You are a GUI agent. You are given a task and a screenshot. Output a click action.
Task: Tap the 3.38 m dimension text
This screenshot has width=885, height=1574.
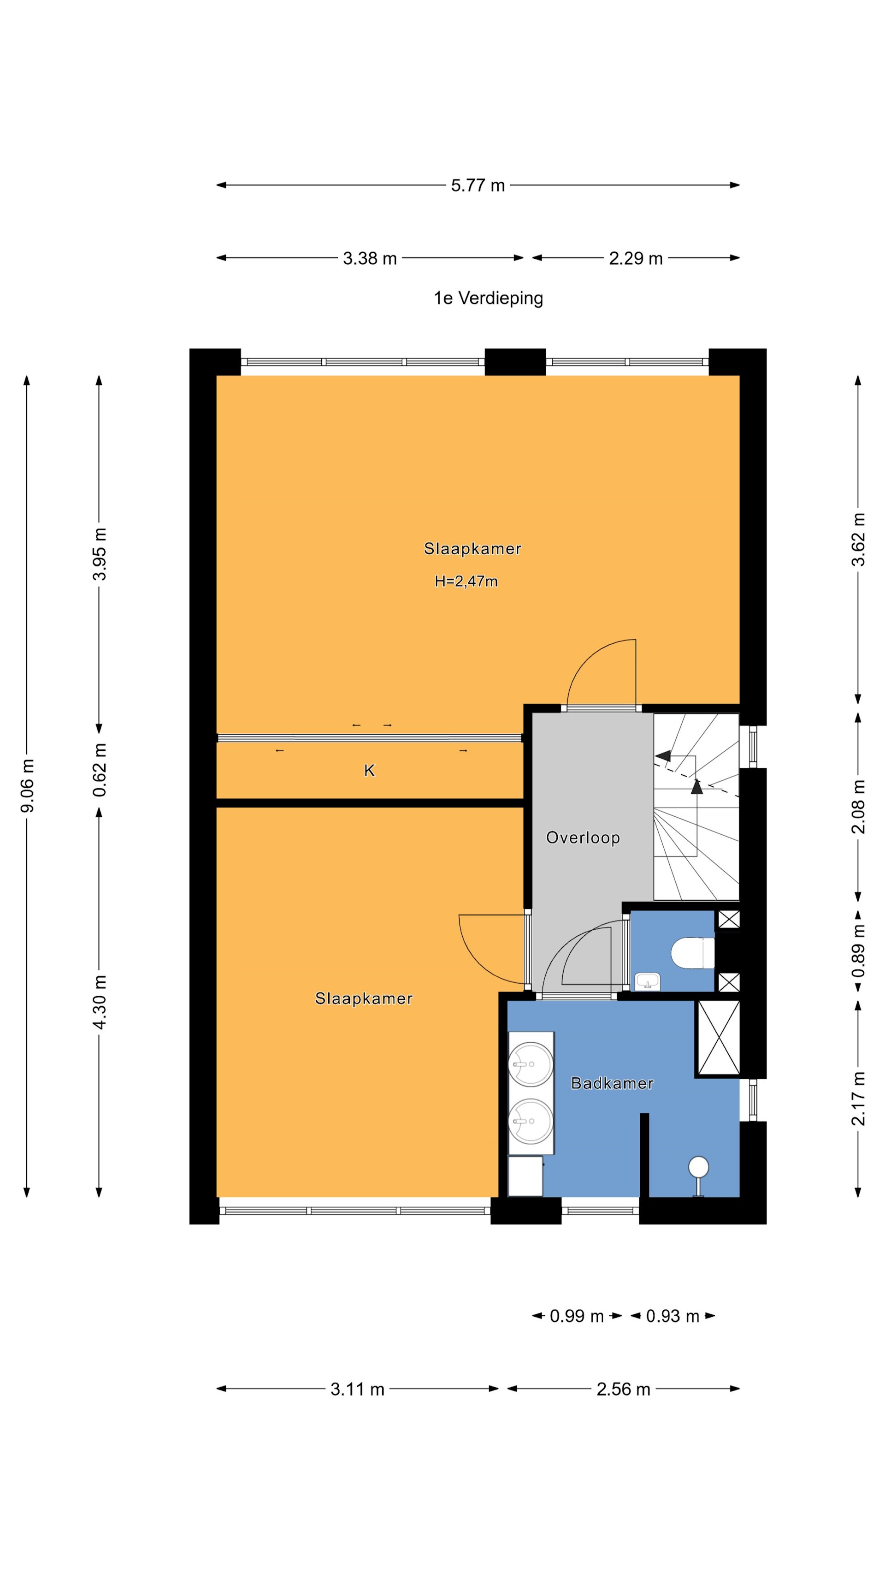(370, 258)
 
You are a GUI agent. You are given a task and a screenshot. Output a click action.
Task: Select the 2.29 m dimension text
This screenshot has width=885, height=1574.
(635, 258)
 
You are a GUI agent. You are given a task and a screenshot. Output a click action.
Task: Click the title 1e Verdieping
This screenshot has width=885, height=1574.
(488, 298)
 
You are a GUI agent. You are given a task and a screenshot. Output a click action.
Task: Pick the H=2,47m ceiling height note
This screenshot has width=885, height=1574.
(466, 581)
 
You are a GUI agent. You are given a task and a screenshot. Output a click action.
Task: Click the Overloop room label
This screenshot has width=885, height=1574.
(583, 837)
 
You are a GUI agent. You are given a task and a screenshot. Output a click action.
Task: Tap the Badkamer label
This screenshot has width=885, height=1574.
(612, 1083)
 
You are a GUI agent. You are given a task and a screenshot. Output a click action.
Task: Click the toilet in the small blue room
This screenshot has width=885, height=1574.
(693, 953)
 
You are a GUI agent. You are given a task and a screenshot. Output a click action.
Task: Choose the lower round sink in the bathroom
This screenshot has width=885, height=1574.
(531, 1122)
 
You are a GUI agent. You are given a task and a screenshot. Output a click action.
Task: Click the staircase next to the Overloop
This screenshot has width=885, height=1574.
(696, 807)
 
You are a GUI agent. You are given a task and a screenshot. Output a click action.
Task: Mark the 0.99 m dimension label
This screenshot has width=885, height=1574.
(576, 1316)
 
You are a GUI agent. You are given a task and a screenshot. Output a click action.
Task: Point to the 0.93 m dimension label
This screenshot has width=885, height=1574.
(673, 1316)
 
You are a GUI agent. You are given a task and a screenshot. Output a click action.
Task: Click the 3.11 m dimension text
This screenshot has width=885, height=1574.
(357, 1389)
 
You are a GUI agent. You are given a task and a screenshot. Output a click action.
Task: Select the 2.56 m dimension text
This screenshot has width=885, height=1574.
(623, 1389)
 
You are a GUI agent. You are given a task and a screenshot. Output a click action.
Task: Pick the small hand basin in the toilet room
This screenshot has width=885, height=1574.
(648, 981)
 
